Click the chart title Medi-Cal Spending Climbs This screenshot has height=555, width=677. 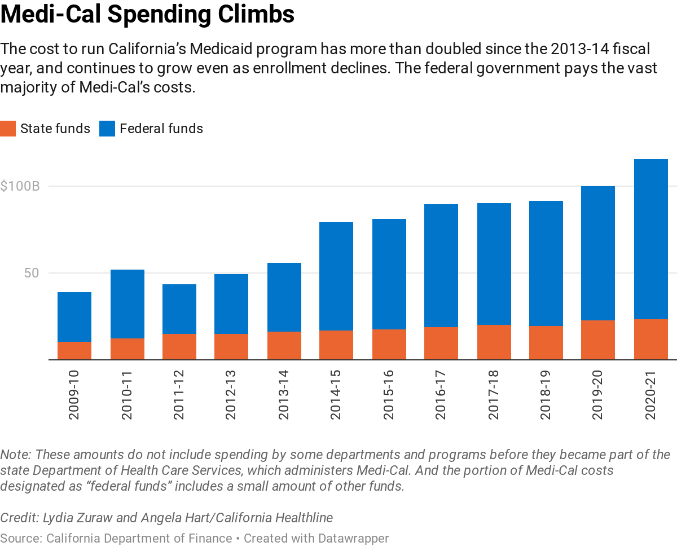[x=147, y=14]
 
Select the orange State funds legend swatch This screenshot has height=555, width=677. [x=8, y=129]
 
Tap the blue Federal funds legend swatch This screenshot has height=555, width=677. [x=107, y=129]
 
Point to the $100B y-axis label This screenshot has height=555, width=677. [x=20, y=186]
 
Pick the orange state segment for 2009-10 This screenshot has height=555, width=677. [x=74, y=350]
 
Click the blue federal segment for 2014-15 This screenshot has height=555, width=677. [x=336, y=276]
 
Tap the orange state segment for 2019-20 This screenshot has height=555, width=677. [x=598, y=340]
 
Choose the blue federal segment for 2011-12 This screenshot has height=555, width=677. [x=179, y=309]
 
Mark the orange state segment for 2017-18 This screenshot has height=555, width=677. [x=494, y=342]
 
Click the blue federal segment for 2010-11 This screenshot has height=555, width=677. [x=128, y=304]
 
